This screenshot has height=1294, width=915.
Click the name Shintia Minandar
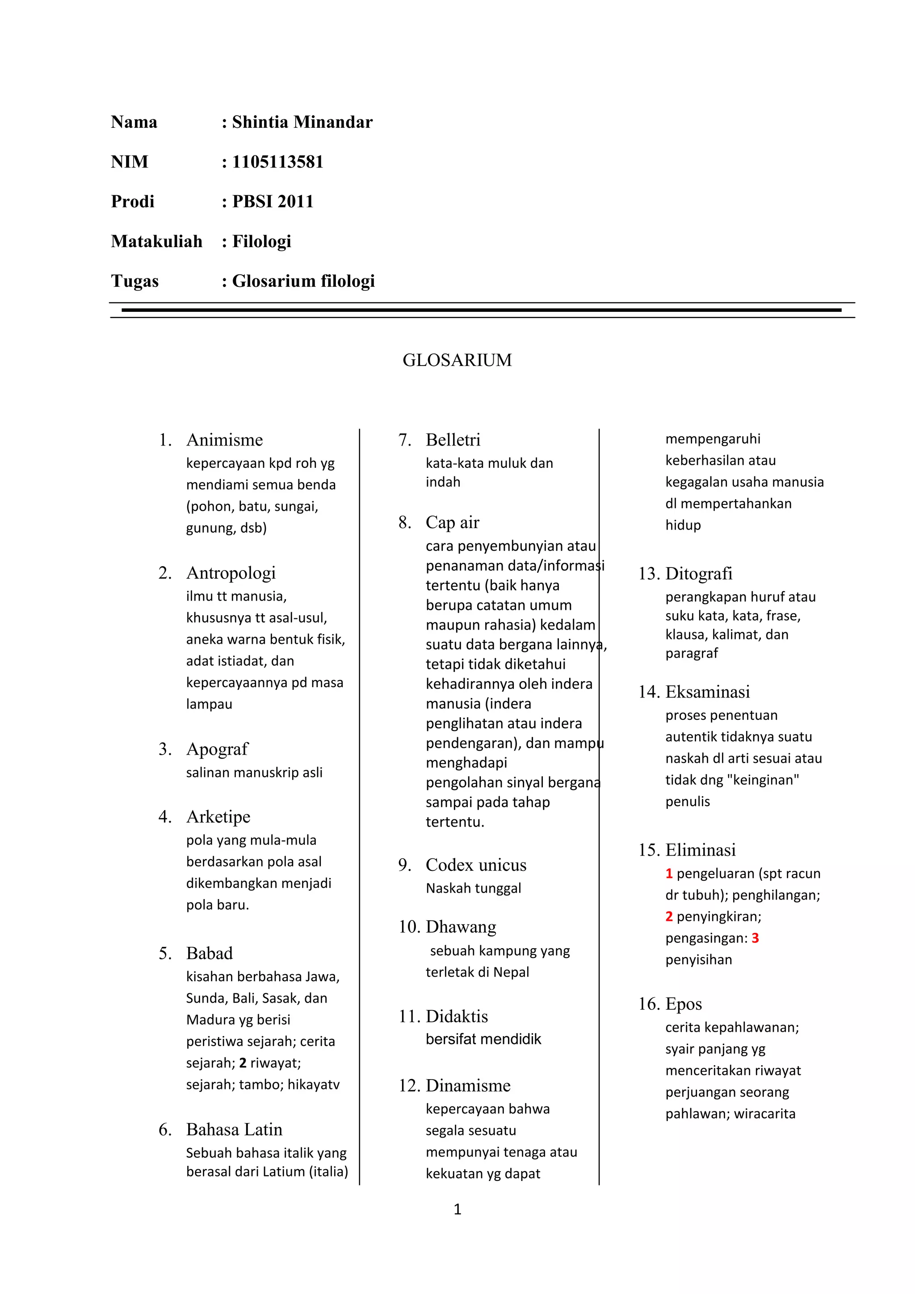[x=302, y=122]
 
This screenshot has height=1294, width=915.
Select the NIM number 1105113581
[x=278, y=162]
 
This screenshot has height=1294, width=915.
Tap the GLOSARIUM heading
[x=457, y=360]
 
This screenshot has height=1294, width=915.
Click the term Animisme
[x=224, y=440]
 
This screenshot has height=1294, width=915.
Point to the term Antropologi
[x=231, y=573]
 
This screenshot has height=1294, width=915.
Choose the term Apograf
[x=217, y=750]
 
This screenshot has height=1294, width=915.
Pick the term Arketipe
[x=218, y=817]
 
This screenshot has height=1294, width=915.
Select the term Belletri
[x=453, y=440]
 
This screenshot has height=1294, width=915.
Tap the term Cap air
[x=453, y=523]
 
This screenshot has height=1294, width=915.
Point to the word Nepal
[x=511, y=972]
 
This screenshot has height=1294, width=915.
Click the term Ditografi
[x=699, y=574]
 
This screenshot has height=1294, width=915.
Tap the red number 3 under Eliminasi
[x=755, y=938]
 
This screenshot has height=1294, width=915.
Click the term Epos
[x=684, y=1004]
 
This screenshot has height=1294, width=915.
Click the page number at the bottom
[x=457, y=1210]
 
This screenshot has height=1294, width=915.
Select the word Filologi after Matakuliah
[x=261, y=242]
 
